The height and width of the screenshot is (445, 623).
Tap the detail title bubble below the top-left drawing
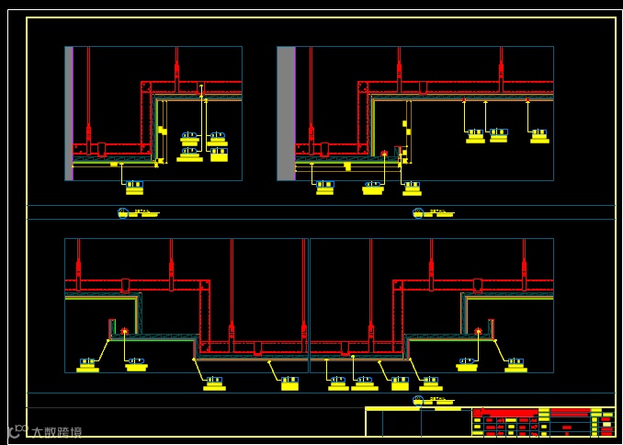coord(123,212)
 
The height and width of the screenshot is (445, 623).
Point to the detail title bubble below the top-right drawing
coord(418,212)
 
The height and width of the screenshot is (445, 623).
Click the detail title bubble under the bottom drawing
coord(418,400)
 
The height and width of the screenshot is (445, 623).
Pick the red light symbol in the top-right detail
coord(384,154)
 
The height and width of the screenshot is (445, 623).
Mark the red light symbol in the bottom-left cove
coord(124,331)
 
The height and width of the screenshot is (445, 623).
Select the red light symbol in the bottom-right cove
coord(478,331)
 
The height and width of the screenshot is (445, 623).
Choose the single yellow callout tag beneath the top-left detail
coord(134,187)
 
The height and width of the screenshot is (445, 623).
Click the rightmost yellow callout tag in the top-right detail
coord(539,136)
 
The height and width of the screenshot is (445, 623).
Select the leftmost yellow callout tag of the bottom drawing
coord(88,365)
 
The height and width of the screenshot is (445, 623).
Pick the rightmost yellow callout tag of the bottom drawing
coord(515,365)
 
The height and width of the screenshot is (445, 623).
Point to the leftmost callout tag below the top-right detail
coord(324,188)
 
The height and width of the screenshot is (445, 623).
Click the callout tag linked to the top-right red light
coord(372,188)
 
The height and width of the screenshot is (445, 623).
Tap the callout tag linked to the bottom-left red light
coord(136,365)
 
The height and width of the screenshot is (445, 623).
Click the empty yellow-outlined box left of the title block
coord(418,422)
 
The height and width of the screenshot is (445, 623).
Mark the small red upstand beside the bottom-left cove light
coord(112,327)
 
